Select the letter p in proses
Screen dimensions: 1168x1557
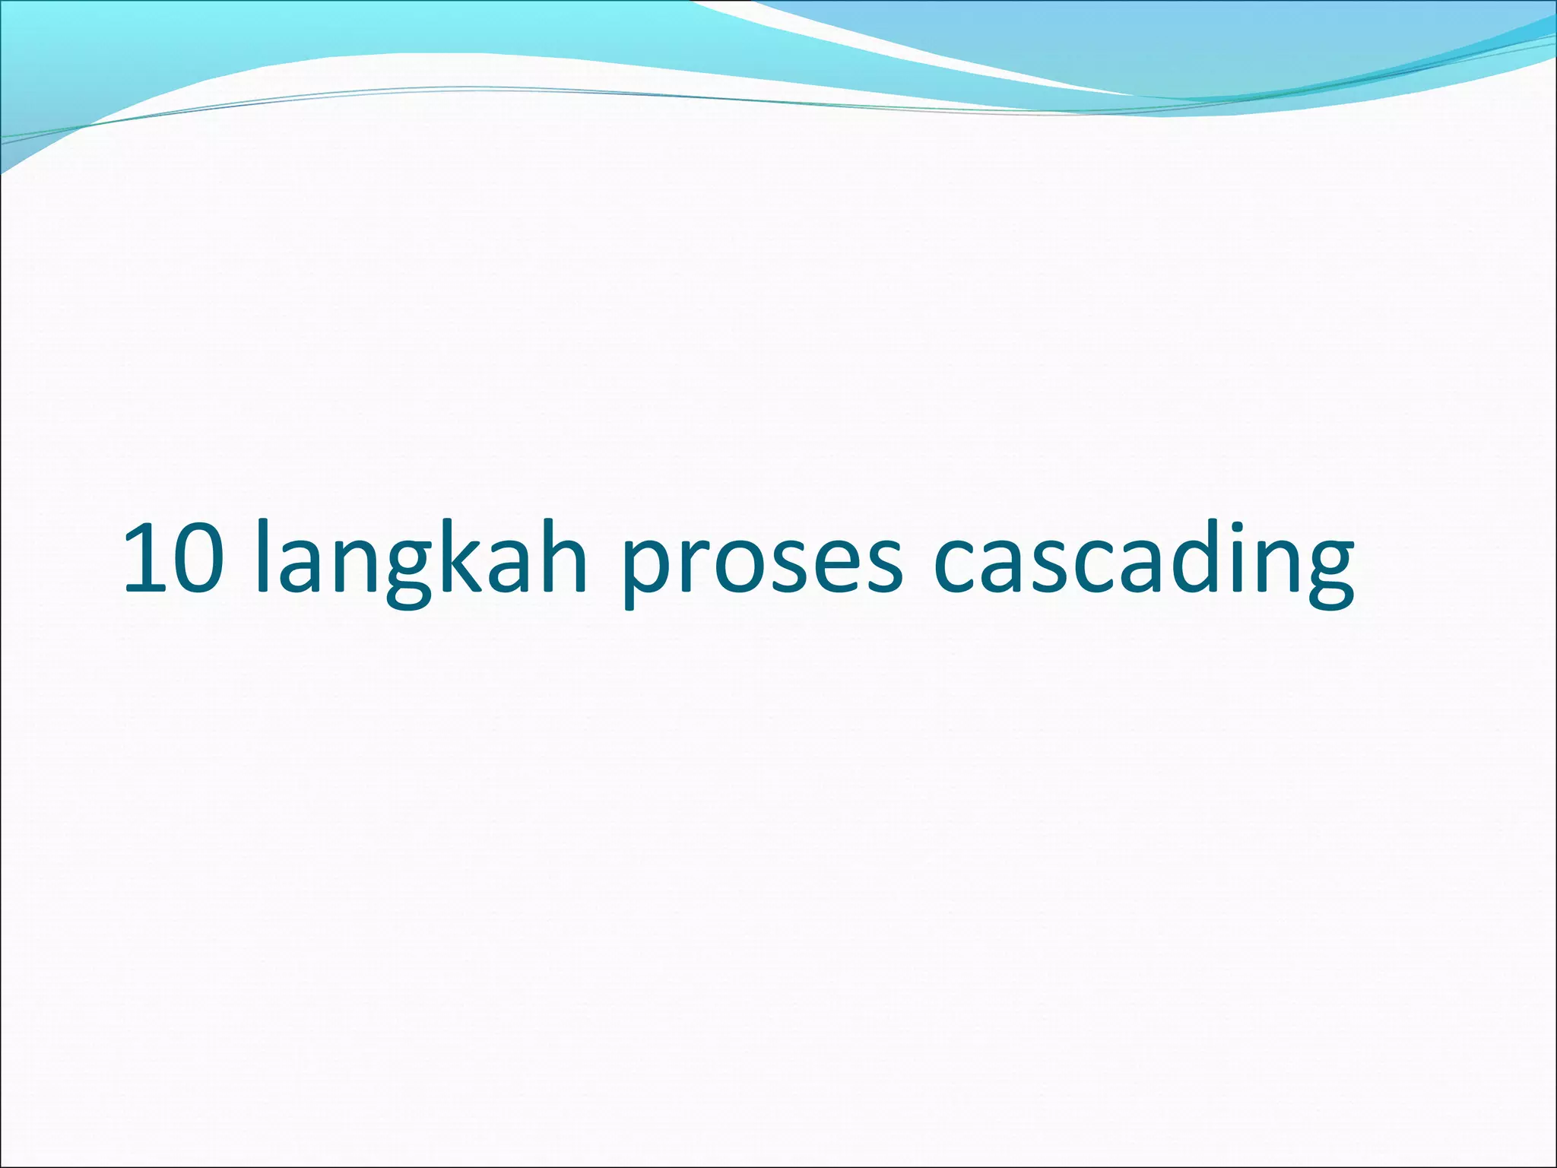click(x=646, y=570)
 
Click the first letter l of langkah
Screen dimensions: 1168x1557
click(x=262, y=555)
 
